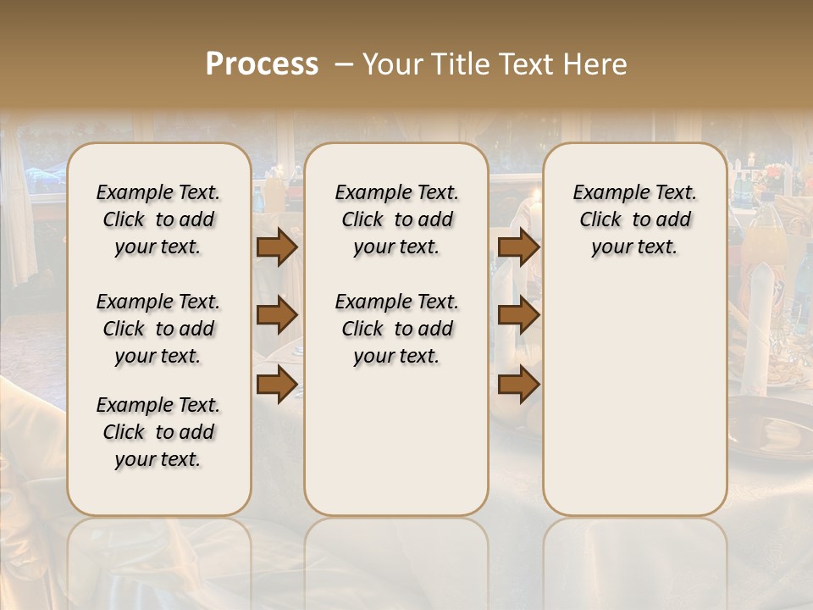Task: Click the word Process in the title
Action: [262, 64]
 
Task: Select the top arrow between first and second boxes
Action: [277, 247]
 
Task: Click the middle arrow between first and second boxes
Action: [277, 315]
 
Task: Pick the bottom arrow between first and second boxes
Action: [277, 385]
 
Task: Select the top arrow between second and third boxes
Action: [518, 247]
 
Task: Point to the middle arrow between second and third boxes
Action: [518, 315]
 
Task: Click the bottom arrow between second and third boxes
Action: [518, 385]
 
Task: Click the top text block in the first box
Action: [158, 219]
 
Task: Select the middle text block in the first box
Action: [158, 329]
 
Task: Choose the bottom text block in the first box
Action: [158, 432]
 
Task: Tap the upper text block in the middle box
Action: [396, 219]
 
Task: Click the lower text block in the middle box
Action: [396, 329]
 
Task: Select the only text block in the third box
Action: [634, 219]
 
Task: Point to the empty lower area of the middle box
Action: [396, 441]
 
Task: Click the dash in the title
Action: [344, 64]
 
